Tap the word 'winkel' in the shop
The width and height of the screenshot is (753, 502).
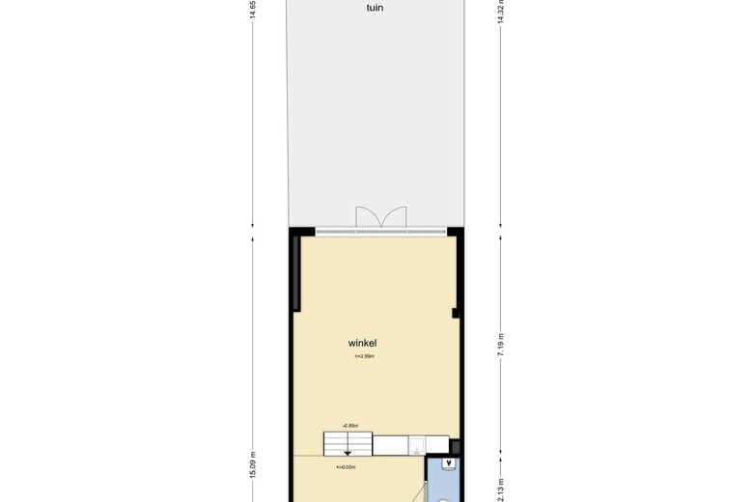362,343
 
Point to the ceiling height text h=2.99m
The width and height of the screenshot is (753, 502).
364,356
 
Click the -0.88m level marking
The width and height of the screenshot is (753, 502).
349,425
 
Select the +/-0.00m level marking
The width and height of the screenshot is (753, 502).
346,467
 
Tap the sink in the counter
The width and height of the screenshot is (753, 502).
414,445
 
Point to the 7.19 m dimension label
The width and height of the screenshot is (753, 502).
500,344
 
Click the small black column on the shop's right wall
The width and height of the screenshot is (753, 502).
456,312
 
